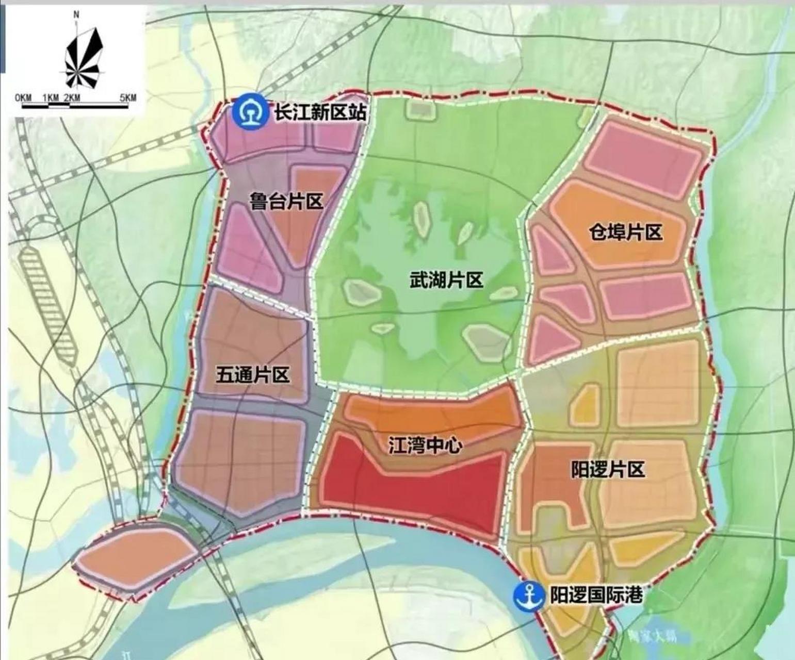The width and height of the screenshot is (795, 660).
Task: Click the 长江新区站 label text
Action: [x=319, y=113]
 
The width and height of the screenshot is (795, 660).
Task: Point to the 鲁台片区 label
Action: [x=286, y=201]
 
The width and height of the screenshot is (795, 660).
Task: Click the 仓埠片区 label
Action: [x=625, y=233]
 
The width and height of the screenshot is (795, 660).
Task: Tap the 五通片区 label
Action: [x=252, y=375]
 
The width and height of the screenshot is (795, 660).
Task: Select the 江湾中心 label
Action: [x=425, y=445]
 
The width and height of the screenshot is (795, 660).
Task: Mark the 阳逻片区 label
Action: [x=608, y=470]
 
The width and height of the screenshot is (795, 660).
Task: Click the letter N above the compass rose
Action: [x=76, y=15]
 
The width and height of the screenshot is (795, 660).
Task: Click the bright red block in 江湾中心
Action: [x=413, y=490]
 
